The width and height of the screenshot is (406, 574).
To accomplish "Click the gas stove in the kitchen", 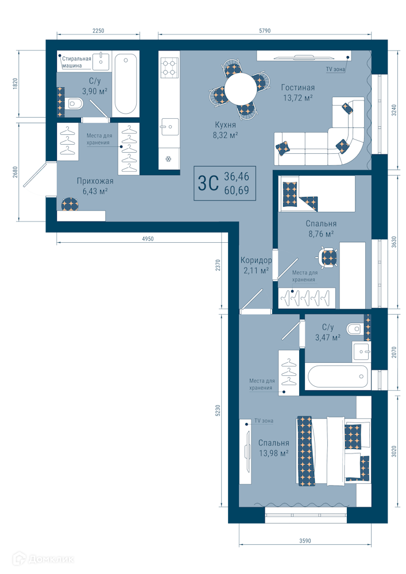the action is click(x=169, y=68).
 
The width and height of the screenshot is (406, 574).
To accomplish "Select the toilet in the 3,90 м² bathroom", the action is click(x=75, y=104).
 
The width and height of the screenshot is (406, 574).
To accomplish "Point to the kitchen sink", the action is click(x=169, y=127).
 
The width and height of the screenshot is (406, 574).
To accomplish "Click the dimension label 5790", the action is click(x=265, y=31).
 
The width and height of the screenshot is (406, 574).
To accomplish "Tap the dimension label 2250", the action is click(x=98, y=31).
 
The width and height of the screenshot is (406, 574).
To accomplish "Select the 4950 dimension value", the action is click(x=148, y=239).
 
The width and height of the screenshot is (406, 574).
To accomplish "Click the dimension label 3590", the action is click(x=305, y=540).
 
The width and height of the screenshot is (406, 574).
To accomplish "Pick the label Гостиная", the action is click(x=297, y=87).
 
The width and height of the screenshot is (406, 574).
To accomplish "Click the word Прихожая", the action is click(x=95, y=181).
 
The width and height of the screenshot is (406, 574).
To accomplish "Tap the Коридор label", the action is click(x=256, y=260).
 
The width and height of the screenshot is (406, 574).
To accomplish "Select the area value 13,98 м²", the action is click(x=274, y=453).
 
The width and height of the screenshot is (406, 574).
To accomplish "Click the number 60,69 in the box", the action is click(x=237, y=191).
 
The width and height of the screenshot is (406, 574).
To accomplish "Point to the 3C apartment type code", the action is click(x=208, y=183).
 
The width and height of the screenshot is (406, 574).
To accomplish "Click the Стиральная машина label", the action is click(x=76, y=62).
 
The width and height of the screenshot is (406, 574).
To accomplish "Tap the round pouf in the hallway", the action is click(x=69, y=204).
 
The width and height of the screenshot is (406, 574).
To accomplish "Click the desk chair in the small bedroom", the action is click(x=328, y=257).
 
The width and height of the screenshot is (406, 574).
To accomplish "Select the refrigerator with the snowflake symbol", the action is click(x=169, y=159).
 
